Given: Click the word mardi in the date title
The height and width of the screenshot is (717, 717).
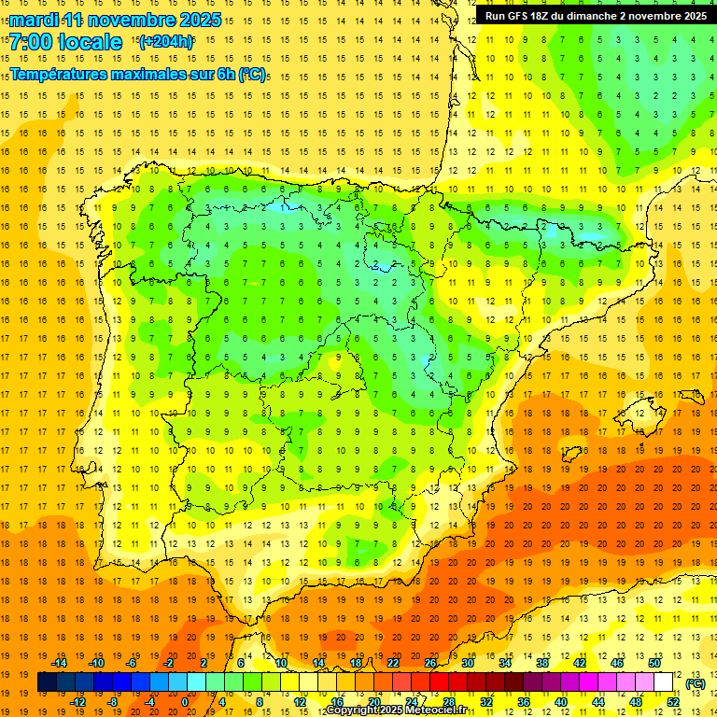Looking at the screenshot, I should coord(35,20).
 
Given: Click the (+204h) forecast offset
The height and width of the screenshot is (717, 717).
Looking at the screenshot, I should coord(166,41).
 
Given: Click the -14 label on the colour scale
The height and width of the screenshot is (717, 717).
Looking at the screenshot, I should coord(59,663).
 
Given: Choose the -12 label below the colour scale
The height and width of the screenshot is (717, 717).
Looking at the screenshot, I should coord(77,702).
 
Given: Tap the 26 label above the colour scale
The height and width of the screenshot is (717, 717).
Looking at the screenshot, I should coord(430,663).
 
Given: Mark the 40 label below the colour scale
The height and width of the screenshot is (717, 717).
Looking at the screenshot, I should coord(560,702).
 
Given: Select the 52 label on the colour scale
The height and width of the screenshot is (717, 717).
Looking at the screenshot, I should coord(673,702).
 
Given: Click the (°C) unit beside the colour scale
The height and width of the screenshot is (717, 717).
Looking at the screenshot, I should coord(696,682).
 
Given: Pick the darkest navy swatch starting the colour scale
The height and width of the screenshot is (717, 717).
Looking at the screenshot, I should coord(47,682).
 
